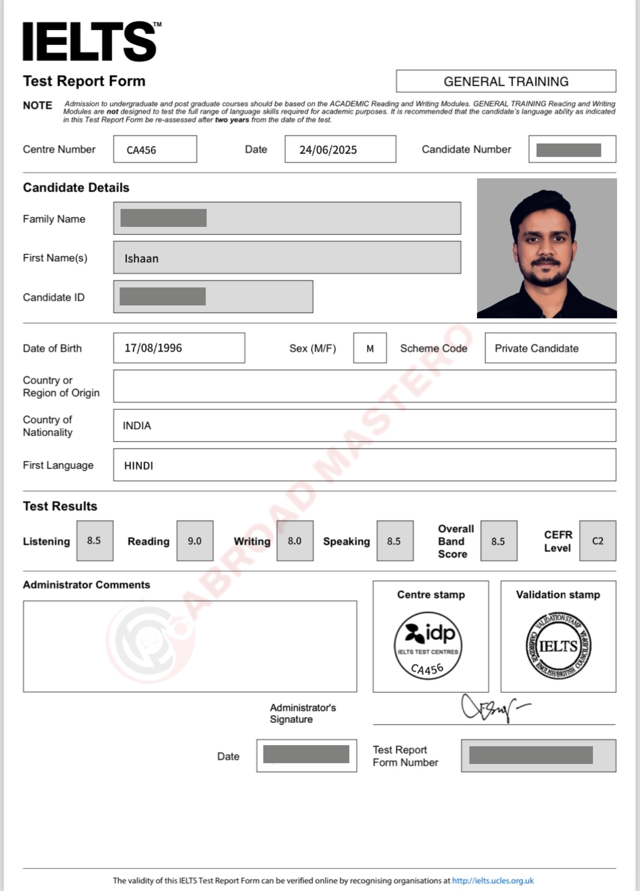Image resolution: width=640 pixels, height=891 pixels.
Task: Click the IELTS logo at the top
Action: click(90, 42)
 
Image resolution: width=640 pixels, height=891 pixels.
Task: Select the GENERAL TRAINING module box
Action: click(506, 81)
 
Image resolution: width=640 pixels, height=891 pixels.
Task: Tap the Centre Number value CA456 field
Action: click(155, 150)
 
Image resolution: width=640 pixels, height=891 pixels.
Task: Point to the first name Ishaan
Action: click(142, 258)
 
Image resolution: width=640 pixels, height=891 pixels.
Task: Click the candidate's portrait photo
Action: click(547, 248)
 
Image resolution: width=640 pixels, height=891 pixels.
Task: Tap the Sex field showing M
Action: click(370, 348)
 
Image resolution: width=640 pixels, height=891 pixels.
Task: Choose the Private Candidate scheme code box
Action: click(550, 348)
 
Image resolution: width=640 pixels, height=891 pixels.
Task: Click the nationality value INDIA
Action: click(137, 425)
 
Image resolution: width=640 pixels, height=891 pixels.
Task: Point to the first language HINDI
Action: click(139, 466)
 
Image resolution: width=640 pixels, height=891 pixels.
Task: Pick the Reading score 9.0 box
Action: click(195, 541)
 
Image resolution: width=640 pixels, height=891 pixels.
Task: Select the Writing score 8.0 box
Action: click(295, 541)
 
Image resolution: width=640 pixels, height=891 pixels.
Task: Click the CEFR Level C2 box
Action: click(597, 541)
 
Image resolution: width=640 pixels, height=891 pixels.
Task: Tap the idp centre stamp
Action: click(428, 646)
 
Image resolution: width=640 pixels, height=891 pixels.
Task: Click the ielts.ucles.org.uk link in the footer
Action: click(493, 881)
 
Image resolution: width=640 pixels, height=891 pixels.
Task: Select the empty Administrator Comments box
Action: click(190, 646)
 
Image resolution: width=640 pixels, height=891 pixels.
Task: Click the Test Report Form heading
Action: click(84, 81)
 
